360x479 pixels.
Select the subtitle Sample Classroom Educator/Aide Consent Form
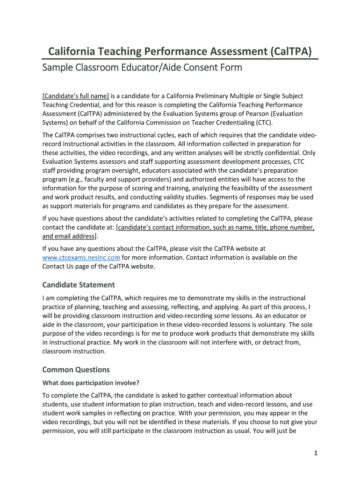click(x=142, y=68)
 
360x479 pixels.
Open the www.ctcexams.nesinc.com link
click(x=81, y=257)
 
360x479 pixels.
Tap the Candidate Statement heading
click(x=79, y=285)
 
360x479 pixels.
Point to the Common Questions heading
click(x=76, y=370)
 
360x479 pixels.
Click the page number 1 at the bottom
click(x=316, y=453)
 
